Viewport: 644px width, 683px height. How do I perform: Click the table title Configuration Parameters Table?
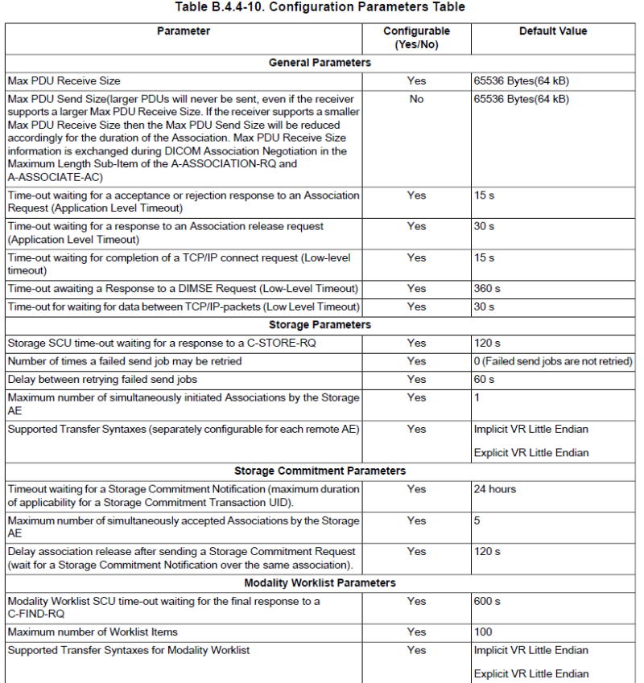(x=320, y=7)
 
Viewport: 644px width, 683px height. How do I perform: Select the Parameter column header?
(x=183, y=31)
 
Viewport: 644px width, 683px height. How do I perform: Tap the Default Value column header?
(x=553, y=31)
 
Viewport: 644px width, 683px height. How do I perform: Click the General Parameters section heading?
(x=320, y=63)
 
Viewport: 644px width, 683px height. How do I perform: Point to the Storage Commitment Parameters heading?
(x=320, y=471)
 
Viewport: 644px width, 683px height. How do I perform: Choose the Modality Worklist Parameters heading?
(x=320, y=582)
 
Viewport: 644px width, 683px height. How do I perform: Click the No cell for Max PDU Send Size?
(x=416, y=99)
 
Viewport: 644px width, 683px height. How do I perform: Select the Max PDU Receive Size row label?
(x=64, y=81)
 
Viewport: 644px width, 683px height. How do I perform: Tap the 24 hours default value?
(x=495, y=489)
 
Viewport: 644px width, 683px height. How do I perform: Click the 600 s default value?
(x=487, y=601)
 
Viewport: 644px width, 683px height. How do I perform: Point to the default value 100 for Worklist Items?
(x=483, y=632)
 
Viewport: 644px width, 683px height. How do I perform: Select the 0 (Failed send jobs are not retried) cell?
(x=553, y=361)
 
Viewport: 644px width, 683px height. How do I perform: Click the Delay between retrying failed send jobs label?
(x=102, y=380)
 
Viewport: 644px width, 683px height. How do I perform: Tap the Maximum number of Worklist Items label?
(x=93, y=632)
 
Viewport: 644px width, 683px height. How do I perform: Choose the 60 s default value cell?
(x=484, y=380)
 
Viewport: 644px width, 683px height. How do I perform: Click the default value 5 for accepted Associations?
(x=477, y=520)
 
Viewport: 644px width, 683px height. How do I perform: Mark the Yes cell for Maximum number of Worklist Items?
(x=416, y=632)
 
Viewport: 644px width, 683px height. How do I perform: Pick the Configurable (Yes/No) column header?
(x=416, y=38)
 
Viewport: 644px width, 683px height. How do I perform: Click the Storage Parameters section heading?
(x=320, y=325)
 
